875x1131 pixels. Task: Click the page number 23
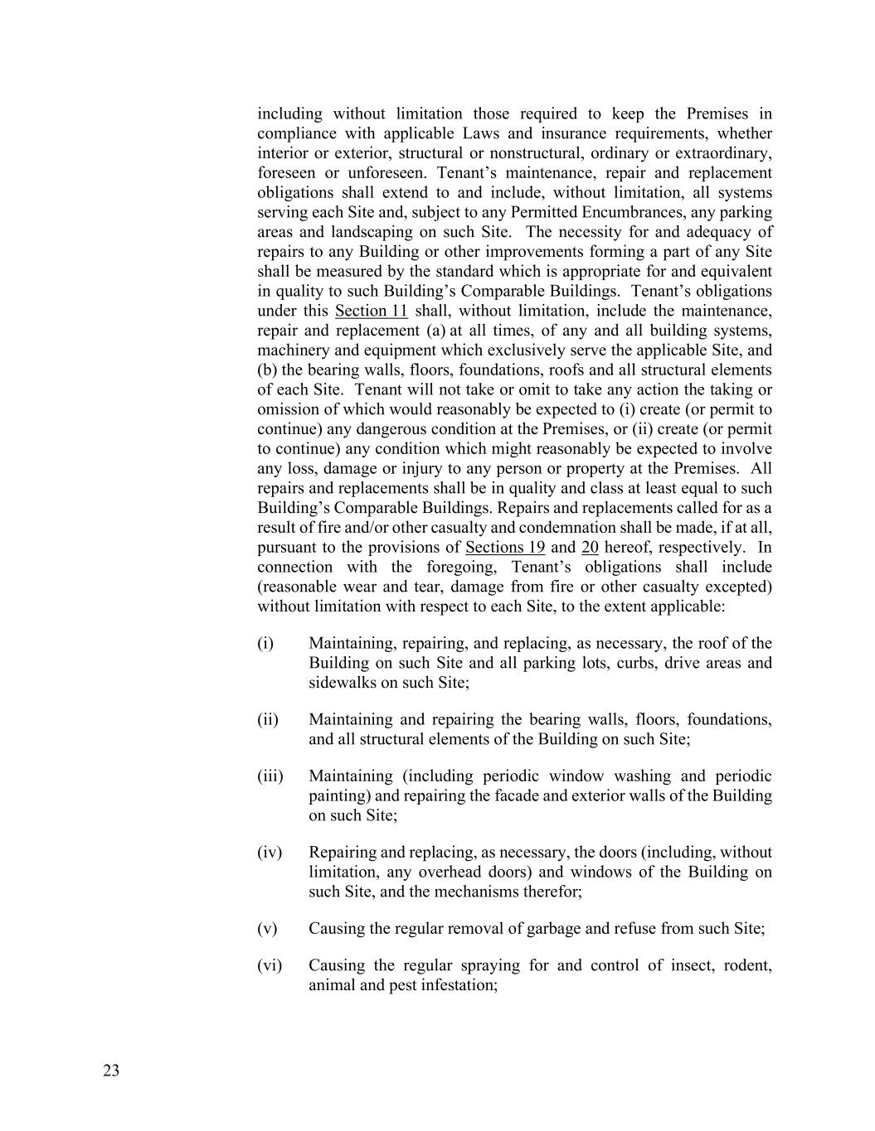[111, 1071]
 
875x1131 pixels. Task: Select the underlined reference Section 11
[371, 311]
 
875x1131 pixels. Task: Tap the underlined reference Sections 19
[505, 548]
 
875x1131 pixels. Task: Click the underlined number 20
[591, 548]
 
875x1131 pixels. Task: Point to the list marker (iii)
[270, 776]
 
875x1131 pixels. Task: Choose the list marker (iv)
[270, 853]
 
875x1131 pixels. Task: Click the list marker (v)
[267, 929]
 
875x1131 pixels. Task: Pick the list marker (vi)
[270, 965]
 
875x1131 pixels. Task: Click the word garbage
[554, 929]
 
